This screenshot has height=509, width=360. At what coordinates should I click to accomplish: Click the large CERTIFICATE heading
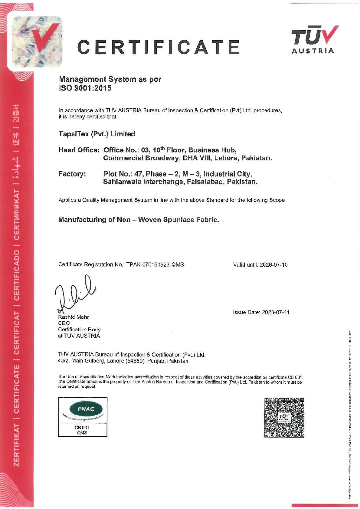point(158,47)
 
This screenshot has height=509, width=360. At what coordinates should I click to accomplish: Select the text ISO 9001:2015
point(85,88)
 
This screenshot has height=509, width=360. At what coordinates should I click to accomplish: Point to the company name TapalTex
point(74,134)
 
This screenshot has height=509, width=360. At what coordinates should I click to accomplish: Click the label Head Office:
point(79,150)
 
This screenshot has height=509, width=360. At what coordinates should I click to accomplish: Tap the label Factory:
point(72,174)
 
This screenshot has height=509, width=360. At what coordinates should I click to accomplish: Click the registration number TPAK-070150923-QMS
point(155,265)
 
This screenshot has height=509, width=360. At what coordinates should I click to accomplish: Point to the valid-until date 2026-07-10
point(273,265)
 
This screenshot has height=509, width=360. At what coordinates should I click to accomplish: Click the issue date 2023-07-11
point(276,312)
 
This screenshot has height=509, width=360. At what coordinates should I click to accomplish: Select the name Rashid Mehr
point(73,317)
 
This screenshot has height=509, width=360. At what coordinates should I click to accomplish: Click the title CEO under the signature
point(64,323)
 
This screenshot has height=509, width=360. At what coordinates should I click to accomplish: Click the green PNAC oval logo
point(86,409)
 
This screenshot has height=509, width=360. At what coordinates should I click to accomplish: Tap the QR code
point(284,417)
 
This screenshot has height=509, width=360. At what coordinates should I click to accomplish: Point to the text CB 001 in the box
point(82,428)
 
